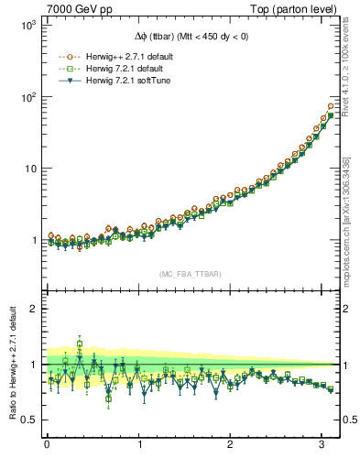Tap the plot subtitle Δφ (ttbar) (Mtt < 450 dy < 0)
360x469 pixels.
click(190, 37)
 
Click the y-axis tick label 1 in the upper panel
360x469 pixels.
click(32, 240)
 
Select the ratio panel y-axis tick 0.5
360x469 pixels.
click(27, 420)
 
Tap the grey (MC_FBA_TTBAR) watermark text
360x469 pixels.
click(190, 274)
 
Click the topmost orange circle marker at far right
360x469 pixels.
click(331, 106)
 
